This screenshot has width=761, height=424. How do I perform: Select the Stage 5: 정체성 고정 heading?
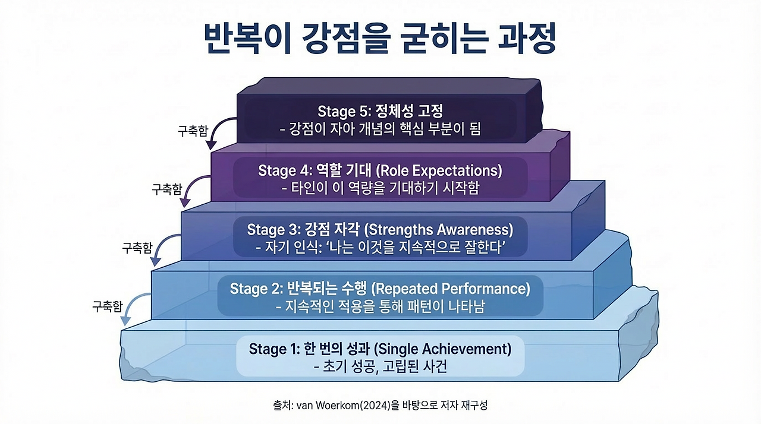click(x=380, y=111)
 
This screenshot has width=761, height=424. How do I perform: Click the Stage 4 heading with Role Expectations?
click(x=380, y=170)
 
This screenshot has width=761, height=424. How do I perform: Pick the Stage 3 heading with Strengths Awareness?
click(x=380, y=229)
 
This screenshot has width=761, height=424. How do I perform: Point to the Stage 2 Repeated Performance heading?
click(x=380, y=289)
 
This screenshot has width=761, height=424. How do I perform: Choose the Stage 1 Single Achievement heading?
click(x=380, y=349)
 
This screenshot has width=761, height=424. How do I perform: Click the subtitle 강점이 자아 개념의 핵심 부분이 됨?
click(x=380, y=129)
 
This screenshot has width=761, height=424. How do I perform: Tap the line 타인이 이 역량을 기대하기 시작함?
click(x=380, y=188)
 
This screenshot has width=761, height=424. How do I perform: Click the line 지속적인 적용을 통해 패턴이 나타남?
click(x=380, y=307)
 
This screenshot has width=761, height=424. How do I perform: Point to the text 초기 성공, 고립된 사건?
click(x=380, y=367)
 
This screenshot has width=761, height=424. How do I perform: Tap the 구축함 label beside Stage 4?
click(x=166, y=190)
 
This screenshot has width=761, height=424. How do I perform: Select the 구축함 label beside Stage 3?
click(x=137, y=248)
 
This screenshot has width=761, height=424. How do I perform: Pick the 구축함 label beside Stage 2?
click(x=108, y=306)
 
